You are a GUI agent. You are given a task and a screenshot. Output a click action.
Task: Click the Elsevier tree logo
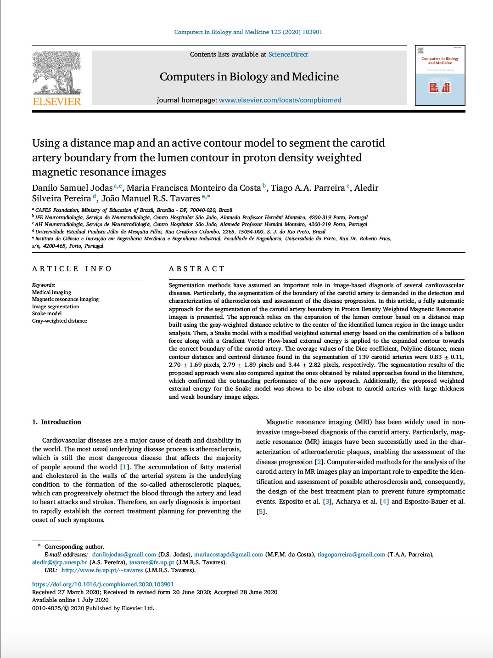click(x=57, y=72)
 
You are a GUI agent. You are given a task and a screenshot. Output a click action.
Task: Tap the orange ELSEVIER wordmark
click(x=57, y=102)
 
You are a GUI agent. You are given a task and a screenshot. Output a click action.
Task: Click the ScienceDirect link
click(x=288, y=54)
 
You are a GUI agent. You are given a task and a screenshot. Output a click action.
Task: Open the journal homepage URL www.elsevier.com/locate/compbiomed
click(x=280, y=100)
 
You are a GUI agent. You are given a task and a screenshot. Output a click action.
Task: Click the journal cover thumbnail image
click(x=440, y=75)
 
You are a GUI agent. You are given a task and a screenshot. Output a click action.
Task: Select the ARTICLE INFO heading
click(x=72, y=269)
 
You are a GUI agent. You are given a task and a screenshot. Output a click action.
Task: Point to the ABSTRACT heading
click(x=196, y=269)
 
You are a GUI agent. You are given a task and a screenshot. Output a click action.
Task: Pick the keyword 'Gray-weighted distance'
click(x=59, y=321)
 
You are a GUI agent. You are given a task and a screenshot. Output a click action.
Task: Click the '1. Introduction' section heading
click(x=56, y=422)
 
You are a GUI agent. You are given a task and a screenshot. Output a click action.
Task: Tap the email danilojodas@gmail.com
click(x=124, y=555)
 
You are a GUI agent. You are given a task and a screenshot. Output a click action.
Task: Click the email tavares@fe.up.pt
click(x=151, y=562)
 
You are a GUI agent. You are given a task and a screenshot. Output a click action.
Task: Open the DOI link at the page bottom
click(x=103, y=584)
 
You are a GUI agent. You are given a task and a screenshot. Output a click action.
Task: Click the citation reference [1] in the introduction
click(x=124, y=467)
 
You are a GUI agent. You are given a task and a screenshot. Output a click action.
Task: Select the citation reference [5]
click(x=261, y=511)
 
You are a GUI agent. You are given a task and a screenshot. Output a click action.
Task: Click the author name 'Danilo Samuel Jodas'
click(x=72, y=188)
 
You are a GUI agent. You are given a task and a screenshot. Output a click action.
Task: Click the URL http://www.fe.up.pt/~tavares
click(x=102, y=570)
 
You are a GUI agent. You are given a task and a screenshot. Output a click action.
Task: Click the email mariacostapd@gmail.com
click(x=228, y=555)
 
